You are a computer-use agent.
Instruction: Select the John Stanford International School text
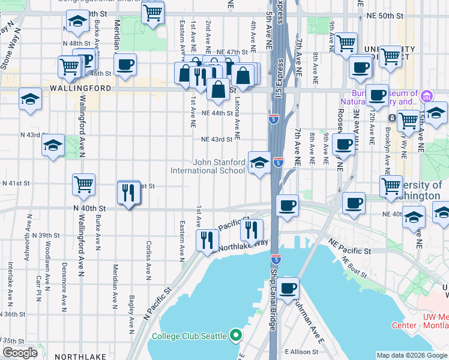coord(218,166)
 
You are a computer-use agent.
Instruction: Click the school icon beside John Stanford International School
coord(259,163)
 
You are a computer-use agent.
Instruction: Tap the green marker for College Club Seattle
coord(237,335)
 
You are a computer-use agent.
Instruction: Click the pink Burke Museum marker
coord(426,95)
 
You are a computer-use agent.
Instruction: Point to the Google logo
coord(20,353)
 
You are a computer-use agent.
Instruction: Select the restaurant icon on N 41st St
coord(128,193)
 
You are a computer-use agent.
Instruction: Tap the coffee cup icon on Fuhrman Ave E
coord(288,288)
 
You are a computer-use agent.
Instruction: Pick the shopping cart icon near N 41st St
coord(84,185)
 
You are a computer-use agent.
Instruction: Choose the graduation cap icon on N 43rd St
coord(53,145)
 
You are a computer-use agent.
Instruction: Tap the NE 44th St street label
coord(217,113)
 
